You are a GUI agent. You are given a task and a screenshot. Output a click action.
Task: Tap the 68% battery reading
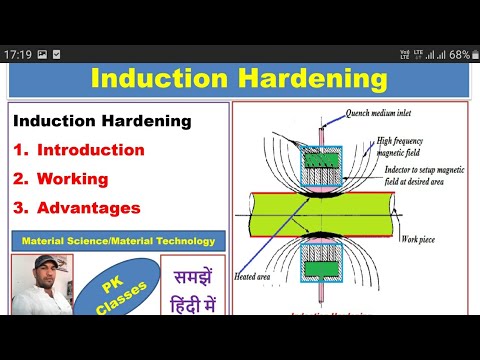coord(459,54)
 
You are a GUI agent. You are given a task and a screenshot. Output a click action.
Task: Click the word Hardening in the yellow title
coord(318,79)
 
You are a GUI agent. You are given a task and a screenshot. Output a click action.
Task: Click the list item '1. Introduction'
coord(79,150)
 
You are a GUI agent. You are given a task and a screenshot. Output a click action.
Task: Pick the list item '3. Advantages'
coord(76,208)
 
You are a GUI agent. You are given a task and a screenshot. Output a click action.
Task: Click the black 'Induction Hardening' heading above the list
coord(102,121)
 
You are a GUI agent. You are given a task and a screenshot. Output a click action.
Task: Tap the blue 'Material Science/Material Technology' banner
coord(118,241)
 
